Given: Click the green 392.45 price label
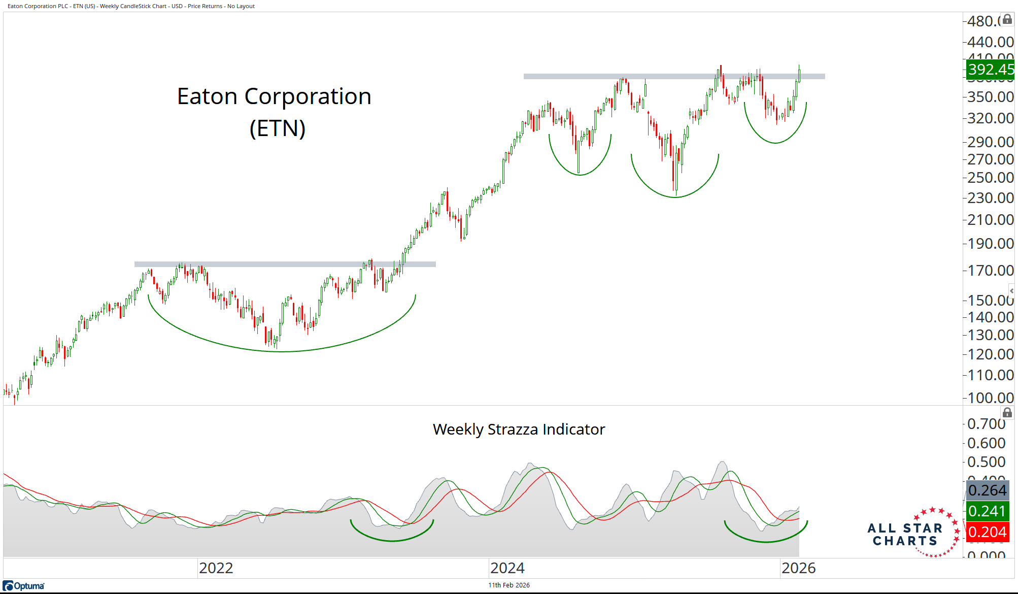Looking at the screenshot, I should [x=990, y=70].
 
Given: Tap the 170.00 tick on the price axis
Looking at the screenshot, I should [x=990, y=271].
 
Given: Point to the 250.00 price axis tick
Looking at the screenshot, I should [x=990, y=178].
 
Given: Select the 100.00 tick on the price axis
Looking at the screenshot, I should [x=990, y=398].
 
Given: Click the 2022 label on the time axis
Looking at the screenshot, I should [x=216, y=568].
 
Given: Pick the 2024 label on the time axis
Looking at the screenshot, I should [x=507, y=568].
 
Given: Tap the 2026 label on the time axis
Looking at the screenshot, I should [x=798, y=568].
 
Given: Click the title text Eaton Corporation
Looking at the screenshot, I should [x=274, y=96].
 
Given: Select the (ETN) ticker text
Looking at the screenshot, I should [x=277, y=128].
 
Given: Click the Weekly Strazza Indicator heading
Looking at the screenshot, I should [x=519, y=430].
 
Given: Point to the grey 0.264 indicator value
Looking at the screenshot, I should [x=987, y=490].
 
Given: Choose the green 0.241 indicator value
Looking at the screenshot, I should [x=987, y=511].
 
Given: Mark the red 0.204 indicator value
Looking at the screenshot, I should [x=987, y=532].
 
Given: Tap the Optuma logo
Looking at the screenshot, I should [x=24, y=586].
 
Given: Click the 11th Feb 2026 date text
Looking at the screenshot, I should [x=508, y=585].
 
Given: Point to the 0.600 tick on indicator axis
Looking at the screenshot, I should [x=986, y=443].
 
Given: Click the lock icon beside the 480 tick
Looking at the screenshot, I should [x=1007, y=19].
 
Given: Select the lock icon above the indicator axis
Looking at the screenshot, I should [x=1007, y=413].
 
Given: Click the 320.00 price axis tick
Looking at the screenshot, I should [x=990, y=118].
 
